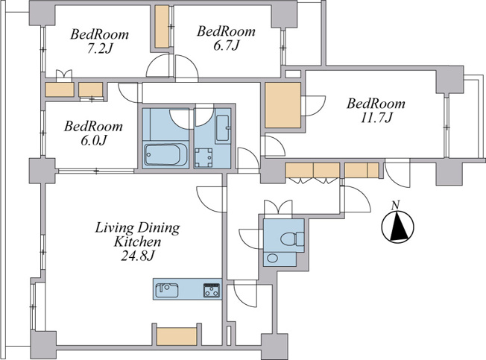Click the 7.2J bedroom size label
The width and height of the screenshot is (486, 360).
[x=98, y=49]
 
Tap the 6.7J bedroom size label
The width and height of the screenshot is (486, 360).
[x=226, y=46]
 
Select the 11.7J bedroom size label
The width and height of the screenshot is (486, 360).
[x=376, y=118]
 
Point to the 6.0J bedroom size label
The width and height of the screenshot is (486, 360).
[x=94, y=141]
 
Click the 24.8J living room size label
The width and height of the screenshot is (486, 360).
[x=138, y=256]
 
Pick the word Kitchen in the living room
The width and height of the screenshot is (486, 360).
[x=138, y=241]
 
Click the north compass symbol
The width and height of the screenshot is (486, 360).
[x=397, y=227]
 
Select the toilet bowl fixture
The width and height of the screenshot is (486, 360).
[x=292, y=239]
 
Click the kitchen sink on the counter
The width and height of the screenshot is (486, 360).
[x=166, y=290]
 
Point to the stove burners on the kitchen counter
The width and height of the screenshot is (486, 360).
[x=212, y=290]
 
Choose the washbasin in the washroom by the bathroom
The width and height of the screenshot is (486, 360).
[x=223, y=128]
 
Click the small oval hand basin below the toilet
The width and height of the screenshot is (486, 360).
[x=272, y=258]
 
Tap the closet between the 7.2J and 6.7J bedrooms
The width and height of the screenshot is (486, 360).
[x=162, y=27]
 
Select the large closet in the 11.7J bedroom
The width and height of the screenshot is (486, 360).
[x=283, y=105]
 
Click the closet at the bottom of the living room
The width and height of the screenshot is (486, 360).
[x=177, y=336]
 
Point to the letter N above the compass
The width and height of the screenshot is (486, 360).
[x=395, y=205]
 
